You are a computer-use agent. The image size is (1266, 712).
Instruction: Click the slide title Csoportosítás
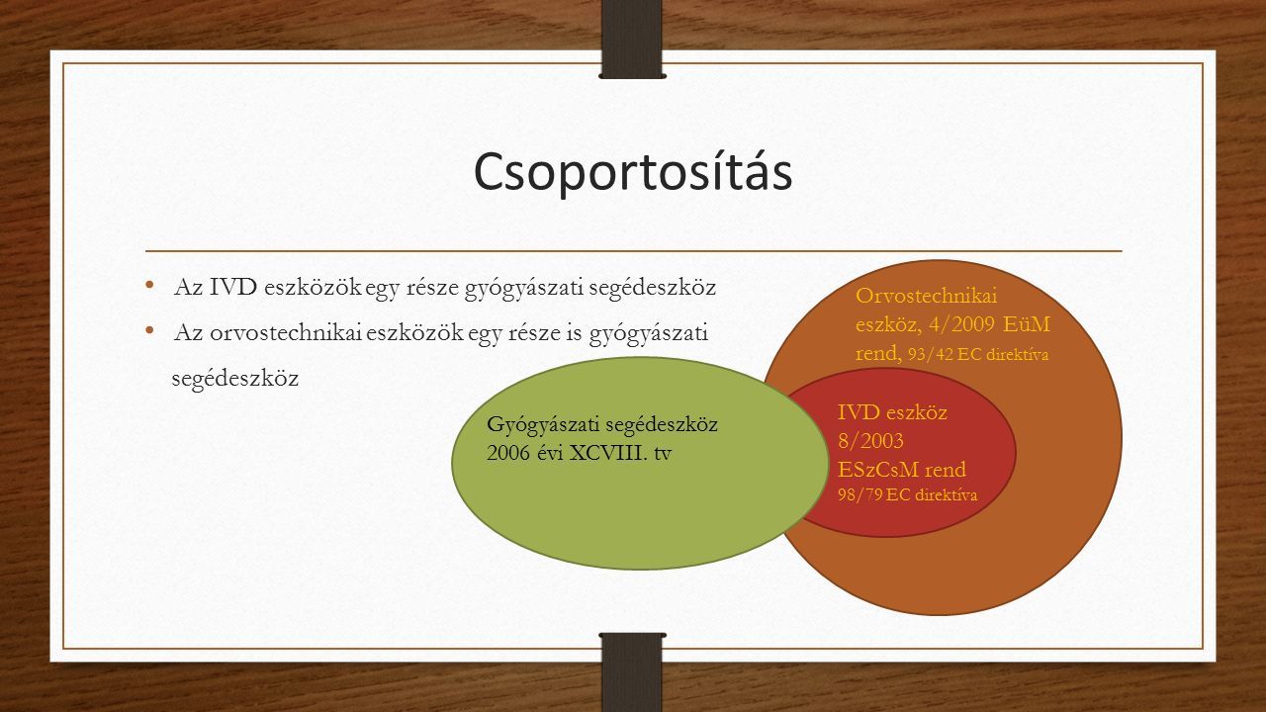[633, 172]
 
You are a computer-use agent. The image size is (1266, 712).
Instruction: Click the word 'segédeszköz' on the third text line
[234, 379]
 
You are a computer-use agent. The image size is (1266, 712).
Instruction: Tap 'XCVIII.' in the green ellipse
[608, 453]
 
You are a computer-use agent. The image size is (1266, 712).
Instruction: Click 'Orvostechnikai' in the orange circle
[927, 296]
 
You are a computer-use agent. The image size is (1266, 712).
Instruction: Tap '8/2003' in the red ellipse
[870, 441]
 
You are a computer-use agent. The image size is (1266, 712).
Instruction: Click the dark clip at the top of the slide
[632, 39]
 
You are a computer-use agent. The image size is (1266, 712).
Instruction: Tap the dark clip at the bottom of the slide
[632, 672]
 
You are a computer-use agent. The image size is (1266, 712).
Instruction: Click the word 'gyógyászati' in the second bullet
[648, 334]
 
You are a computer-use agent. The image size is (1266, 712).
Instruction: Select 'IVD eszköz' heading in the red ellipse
[892, 412]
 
